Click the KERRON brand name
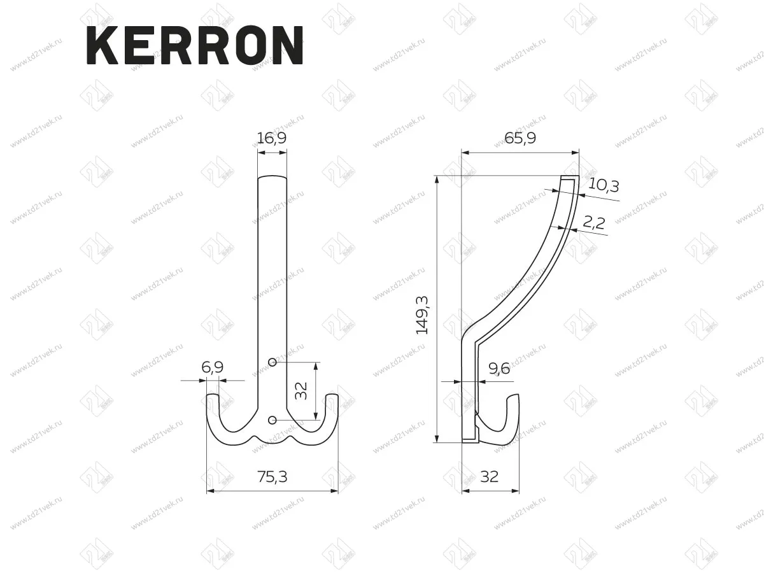[194, 45]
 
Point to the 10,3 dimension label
[604, 185]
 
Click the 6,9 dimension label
[212, 368]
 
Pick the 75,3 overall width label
[272, 477]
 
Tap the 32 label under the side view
[490, 477]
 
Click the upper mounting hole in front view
[272, 362]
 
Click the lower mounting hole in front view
[272, 420]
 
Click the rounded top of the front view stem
[272, 177]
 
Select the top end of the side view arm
[570, 179]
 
